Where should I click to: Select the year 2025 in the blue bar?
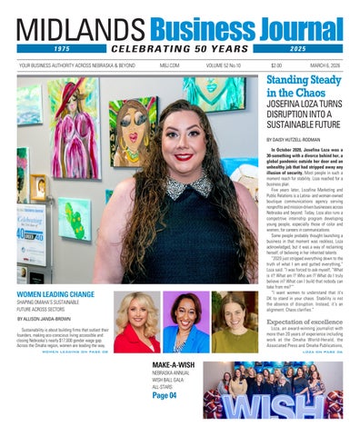coord(297,48)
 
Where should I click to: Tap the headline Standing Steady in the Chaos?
coord(304,86)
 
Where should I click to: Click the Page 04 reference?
coord(165,395)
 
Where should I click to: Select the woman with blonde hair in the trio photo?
coord(136,318)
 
